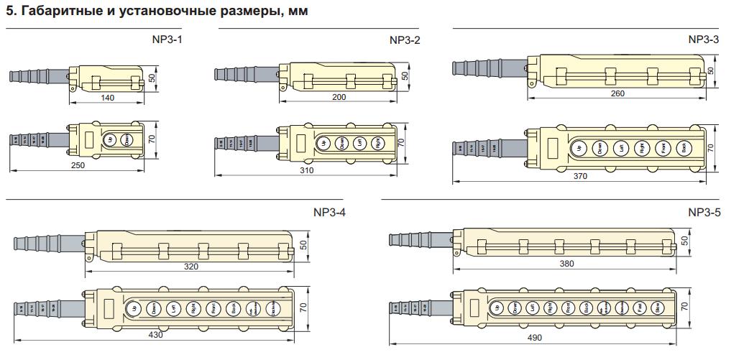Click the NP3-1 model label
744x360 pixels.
coord(170,40)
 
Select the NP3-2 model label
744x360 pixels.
coord(405,40)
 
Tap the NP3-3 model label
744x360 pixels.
coord(704,40)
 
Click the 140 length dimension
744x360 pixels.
coord(108,97)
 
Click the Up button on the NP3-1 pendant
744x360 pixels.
coord(110,140)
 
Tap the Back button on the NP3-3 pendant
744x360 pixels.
coord(684,149)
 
